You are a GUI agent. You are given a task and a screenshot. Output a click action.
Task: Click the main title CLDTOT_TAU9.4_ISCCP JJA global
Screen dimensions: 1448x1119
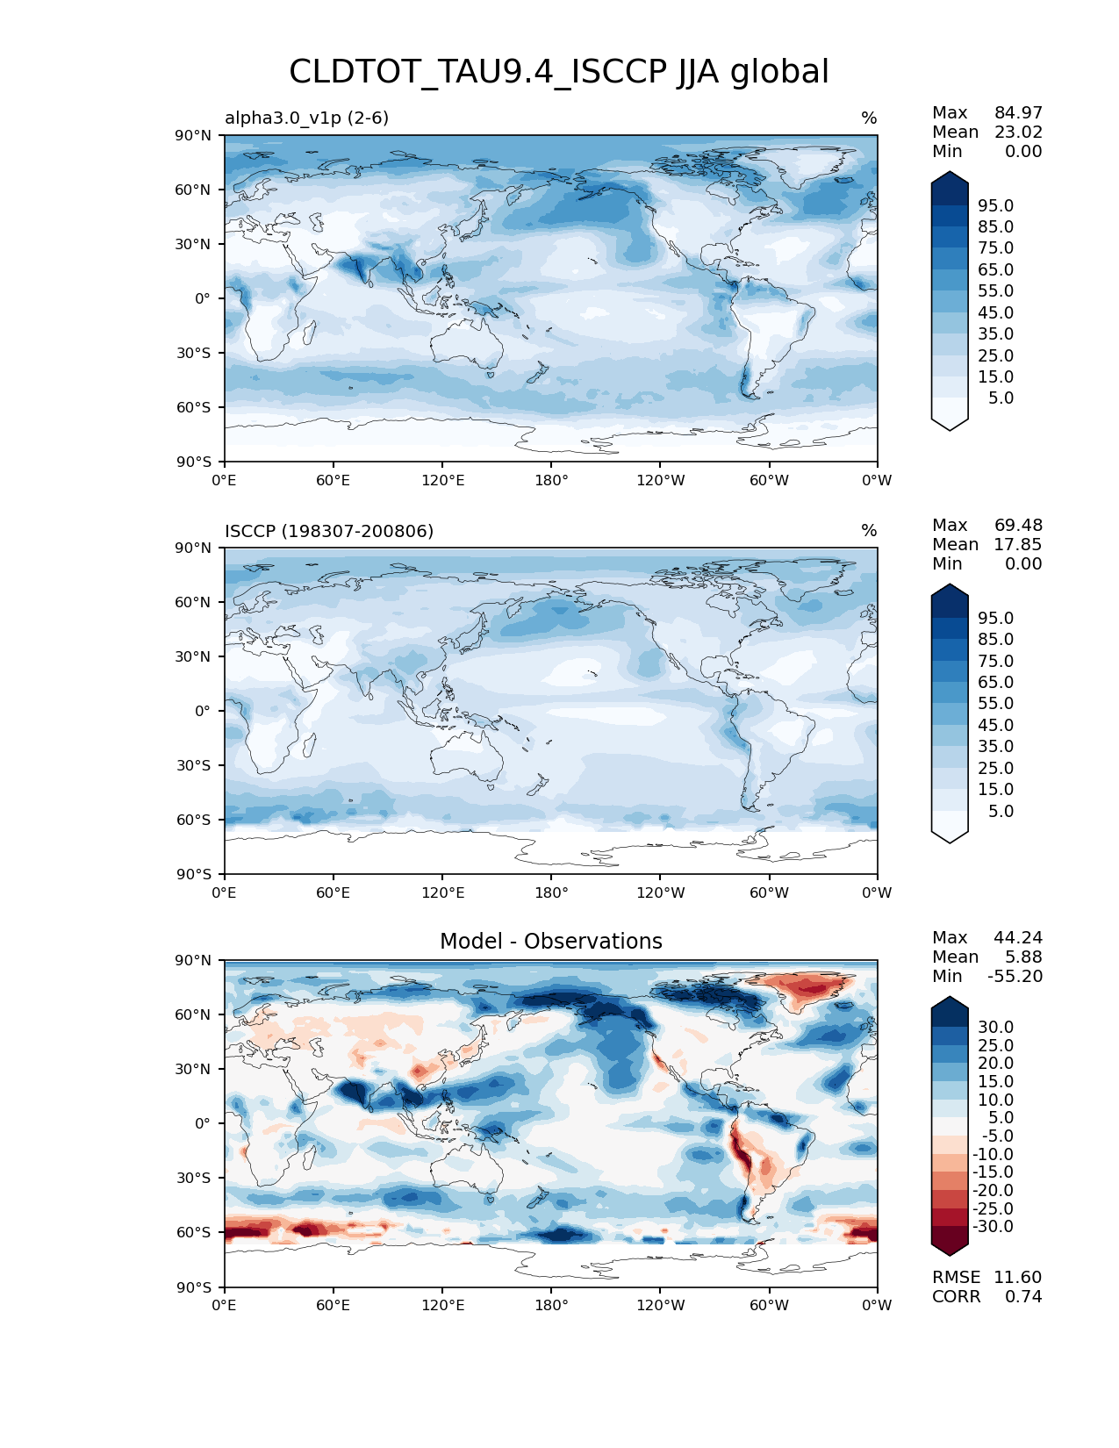point(559,72)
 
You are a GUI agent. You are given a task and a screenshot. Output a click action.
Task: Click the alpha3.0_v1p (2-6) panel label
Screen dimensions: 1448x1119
point(306,118)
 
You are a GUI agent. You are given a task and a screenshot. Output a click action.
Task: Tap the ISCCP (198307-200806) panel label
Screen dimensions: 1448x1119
point(329,531)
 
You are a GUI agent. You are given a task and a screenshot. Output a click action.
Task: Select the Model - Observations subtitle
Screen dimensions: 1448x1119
point(550,942)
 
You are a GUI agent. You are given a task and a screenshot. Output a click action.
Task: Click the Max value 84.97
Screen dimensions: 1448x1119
point(1018,112)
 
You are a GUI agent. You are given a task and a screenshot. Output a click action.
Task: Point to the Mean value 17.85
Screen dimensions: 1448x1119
point(1017,544)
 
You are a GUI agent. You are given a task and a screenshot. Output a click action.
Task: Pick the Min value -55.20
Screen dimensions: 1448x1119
point(1015,976)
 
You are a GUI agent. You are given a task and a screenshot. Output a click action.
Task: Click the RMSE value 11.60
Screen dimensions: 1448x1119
point(1017,1277)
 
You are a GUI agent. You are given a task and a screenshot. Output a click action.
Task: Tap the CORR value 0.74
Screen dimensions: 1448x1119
point(1023,1296)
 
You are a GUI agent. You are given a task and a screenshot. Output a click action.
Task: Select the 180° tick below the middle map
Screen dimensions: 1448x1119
point(551,892)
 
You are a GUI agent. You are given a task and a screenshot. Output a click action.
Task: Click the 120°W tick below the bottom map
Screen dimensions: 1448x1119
point(660,1305)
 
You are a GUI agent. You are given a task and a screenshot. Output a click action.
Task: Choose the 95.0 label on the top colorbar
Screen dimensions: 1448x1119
point(995,205)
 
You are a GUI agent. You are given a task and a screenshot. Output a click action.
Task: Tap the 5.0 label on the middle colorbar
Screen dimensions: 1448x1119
point(1001,811)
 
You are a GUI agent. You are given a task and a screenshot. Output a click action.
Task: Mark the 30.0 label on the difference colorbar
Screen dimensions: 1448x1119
point(995,1027)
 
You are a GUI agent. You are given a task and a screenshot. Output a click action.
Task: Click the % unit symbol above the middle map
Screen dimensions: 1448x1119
point(869,531)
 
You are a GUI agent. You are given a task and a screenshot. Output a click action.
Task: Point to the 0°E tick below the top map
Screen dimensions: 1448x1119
point(225,480)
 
